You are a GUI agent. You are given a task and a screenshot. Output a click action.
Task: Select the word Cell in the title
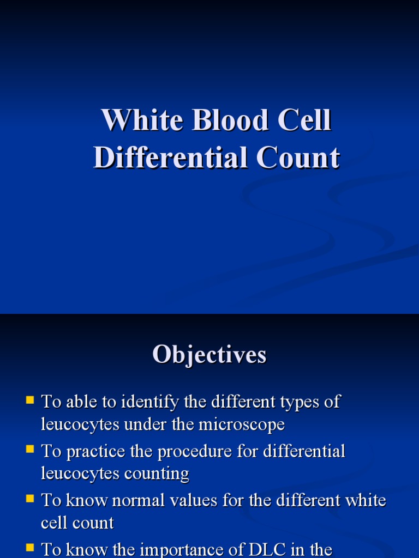303,120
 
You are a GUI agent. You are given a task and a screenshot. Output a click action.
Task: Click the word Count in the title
298,158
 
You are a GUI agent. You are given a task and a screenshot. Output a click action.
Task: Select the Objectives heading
209,355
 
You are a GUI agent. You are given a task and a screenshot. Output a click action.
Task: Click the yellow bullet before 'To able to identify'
30,401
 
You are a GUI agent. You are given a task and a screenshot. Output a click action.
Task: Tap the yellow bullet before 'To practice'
30,450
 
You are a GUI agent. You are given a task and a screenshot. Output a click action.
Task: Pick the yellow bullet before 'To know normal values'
30,499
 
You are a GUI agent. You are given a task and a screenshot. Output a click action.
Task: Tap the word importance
182,549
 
